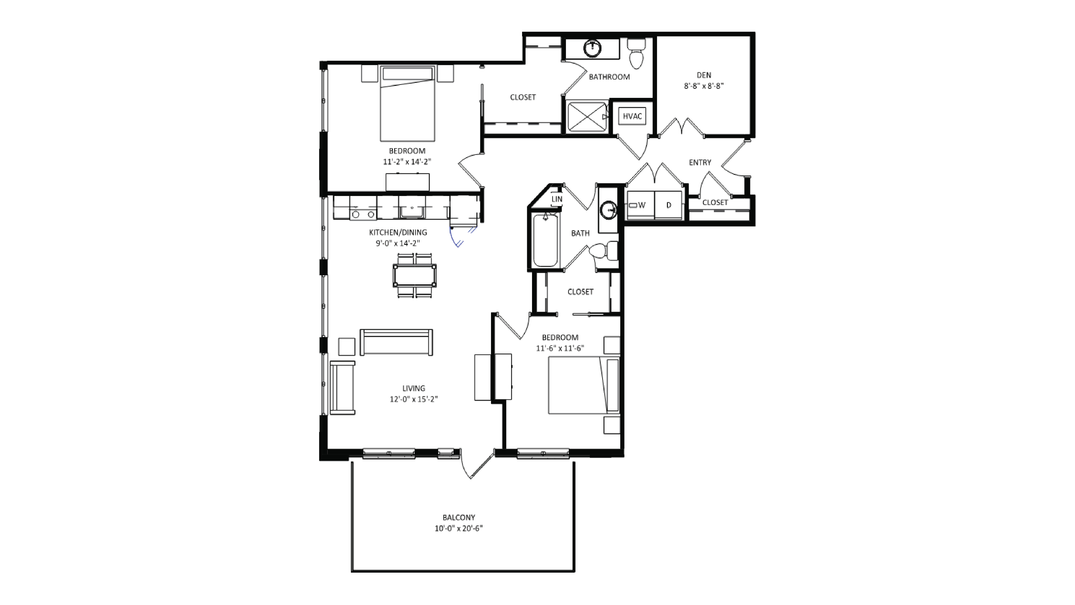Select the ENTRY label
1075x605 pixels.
coord(700,162)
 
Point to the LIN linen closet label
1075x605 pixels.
coord(557,199)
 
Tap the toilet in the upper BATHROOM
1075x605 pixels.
coord(636,54)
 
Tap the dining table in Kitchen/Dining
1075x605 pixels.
coord(414,275)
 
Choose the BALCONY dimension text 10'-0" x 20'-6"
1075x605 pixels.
coord(459,528)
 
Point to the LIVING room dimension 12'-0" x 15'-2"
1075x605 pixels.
coord(414,399)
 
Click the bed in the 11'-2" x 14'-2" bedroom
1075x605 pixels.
coord(407,104)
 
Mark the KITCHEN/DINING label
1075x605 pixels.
coord(398,232)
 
